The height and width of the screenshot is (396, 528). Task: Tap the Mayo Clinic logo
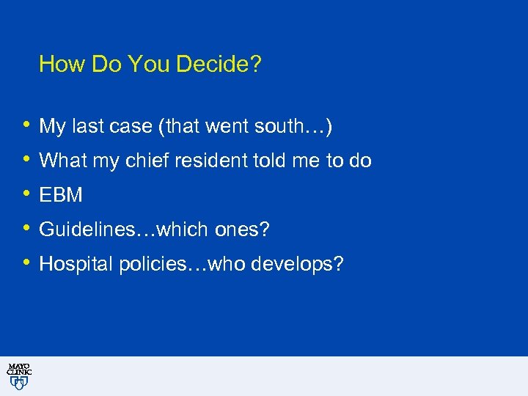[x=18, y=375]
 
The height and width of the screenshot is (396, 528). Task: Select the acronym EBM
[x=61, y=195]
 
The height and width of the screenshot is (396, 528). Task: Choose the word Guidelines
[x=87, y=230]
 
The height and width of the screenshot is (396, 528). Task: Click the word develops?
[x=296, y=264]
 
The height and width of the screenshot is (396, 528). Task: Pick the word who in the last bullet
[x=227, y=264]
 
